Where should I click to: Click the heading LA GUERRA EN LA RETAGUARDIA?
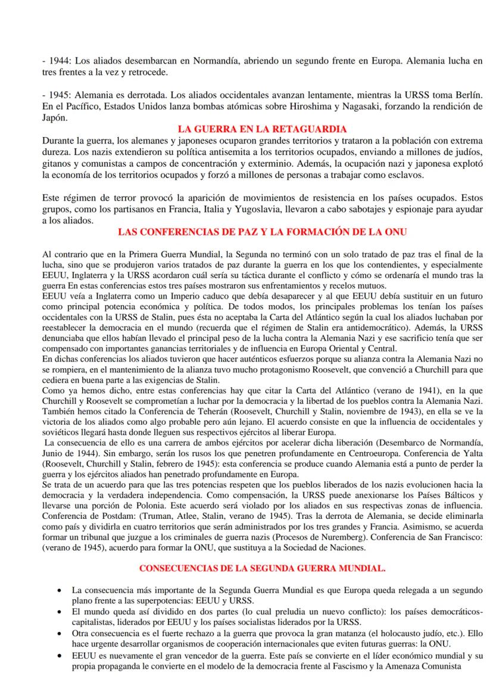(x=263, y=129)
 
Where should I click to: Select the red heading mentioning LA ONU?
(x=263, y=232)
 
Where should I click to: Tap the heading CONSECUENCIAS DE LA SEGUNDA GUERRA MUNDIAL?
(x=263, y=569)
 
